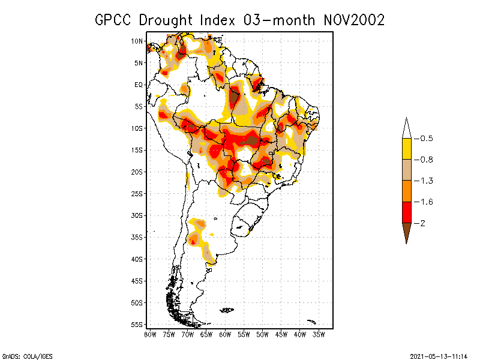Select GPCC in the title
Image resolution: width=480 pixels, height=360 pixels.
(113, 20)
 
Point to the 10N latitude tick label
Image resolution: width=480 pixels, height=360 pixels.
(137, 41)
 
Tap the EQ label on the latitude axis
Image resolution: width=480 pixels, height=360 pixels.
(139, 85)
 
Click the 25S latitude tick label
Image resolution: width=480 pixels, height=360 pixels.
(137, 194)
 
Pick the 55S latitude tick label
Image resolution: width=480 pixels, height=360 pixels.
(137, 325)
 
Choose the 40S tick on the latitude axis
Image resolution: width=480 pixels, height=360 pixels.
(137, 259)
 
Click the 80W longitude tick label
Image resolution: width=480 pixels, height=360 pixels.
(150, 334)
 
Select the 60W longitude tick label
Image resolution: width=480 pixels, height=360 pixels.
(225, 334)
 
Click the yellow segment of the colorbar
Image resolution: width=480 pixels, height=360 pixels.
(406, 149)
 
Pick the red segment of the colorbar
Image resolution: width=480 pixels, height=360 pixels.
(406, 212)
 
